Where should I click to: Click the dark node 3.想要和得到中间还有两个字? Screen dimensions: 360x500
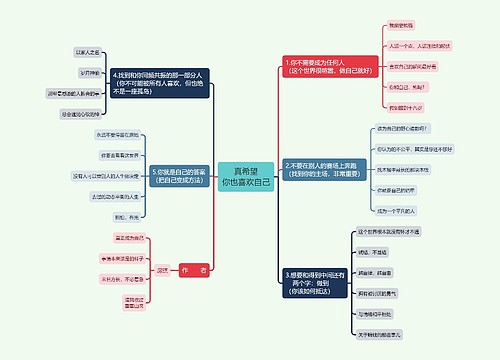[x=320, y=279]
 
